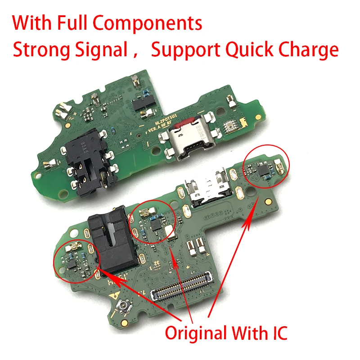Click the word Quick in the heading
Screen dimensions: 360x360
(245, 49)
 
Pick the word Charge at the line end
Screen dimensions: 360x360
(310, 49)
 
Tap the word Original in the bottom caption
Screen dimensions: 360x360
(196, 333)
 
